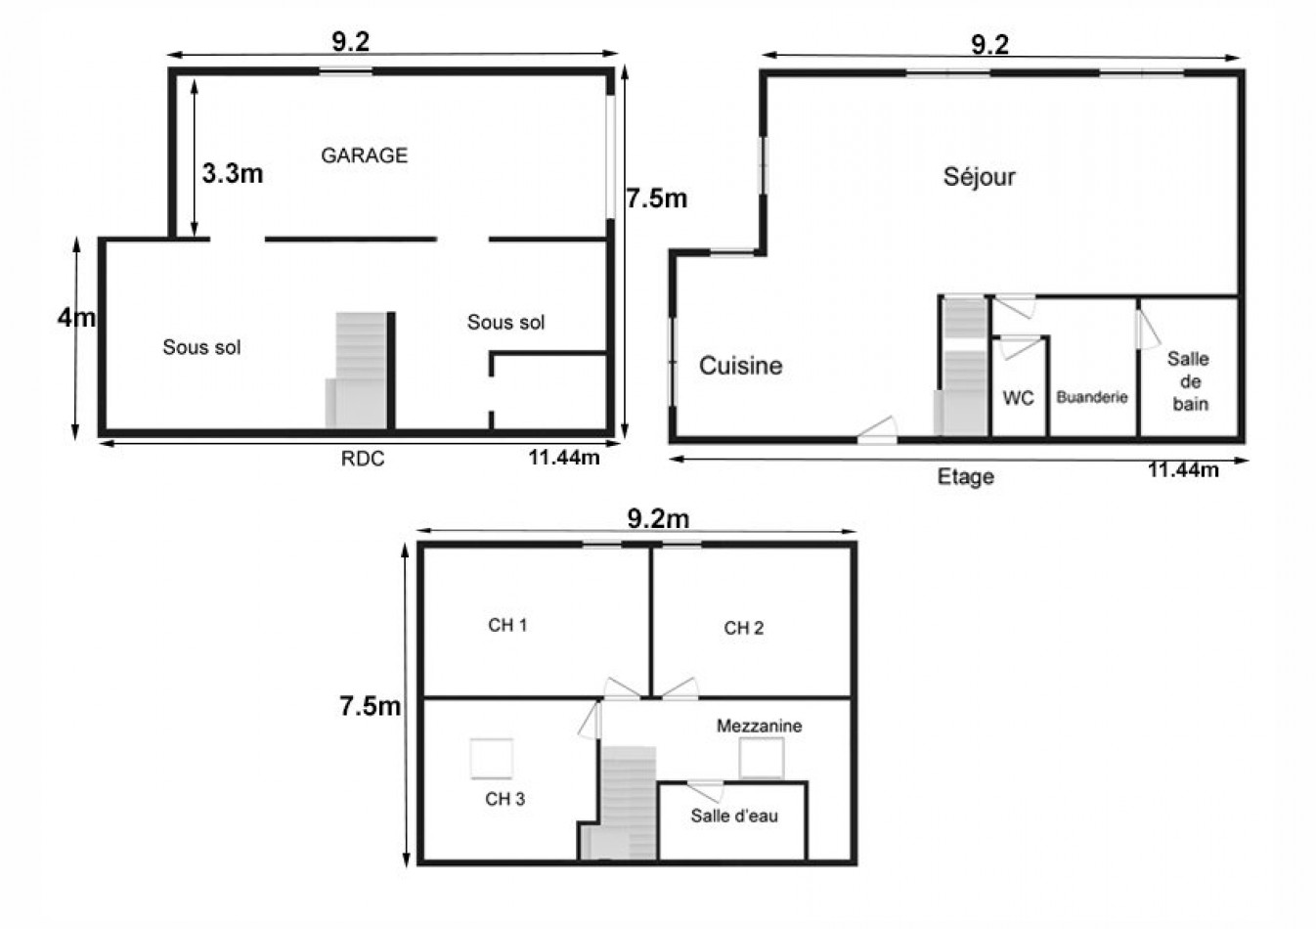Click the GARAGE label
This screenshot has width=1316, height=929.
(364, 155)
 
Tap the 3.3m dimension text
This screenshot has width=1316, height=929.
(233, 174)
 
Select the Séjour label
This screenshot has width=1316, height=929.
(979, 176)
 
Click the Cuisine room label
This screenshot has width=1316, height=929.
(740, 366)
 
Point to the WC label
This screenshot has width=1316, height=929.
(1018, 398)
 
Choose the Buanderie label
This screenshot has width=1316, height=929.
(1092, 397)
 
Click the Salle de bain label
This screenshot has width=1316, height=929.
(1189, 381)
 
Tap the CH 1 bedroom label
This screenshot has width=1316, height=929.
(507, 625)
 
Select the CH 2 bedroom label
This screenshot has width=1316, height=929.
(743, 628)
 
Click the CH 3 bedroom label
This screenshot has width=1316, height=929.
(504, 799)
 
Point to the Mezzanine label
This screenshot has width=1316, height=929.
(759, 726)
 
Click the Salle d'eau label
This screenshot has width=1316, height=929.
(734, 816)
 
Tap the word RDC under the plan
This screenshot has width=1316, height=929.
(363, 459)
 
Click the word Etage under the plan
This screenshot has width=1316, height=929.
(965, 477)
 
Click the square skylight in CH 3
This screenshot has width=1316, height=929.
(491, 758)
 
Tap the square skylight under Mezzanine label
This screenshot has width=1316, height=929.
(762, 758)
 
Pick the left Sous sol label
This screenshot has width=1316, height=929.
(201, 347)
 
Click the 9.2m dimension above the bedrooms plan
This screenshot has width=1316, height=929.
(658, 519)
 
